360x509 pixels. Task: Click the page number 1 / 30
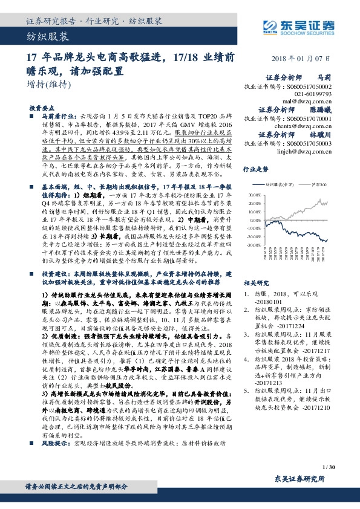coord(329,467)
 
